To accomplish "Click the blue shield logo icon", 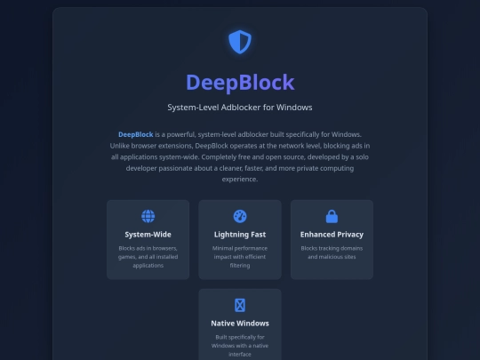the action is pos(240,42).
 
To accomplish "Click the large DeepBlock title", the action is pos(240,83).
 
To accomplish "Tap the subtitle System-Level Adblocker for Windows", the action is pos(240,108).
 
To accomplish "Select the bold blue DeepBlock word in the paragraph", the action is pos(136,134).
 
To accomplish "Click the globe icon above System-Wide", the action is pos(148,216).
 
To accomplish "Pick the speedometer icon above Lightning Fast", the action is pos(240,216).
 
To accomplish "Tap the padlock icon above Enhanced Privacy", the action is pos(332,216).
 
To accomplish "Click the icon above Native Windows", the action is pos(240,305).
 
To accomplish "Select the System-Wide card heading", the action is pos(148,235).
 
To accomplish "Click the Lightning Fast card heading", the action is pos(240,235).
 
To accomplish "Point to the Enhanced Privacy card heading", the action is pos(332,235).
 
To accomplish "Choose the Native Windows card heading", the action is pos(240,324).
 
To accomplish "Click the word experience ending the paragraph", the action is pos(239,180).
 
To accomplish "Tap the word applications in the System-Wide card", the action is pos(148,266).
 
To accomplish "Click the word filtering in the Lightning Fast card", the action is pos(240,266).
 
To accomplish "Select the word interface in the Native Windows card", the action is pos(240,354).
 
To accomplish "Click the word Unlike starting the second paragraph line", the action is pos(120,146).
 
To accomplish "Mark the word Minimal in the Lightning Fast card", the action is pos(222,248).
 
